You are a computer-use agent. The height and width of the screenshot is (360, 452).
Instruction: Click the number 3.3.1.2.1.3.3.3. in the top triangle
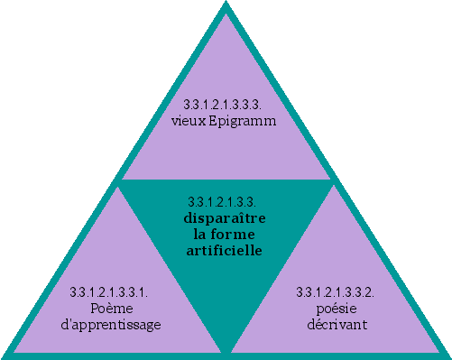(x=224, y=105)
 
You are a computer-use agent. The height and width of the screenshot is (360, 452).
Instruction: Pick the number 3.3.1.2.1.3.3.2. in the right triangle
(x=335, y=292)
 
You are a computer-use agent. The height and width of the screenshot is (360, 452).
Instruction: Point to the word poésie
(x=335, y=308)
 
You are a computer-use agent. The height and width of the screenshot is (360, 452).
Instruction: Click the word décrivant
(x=335, y=324)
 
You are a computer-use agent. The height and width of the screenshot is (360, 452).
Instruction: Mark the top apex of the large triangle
(x=225, y=5)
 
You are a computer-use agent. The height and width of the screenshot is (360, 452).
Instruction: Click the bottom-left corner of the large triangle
(x=5, y=355)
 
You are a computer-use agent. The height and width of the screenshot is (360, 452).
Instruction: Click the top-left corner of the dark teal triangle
(x=121, y=181)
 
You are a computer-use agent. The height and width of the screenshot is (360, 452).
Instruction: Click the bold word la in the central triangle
(x=200, y=234)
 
